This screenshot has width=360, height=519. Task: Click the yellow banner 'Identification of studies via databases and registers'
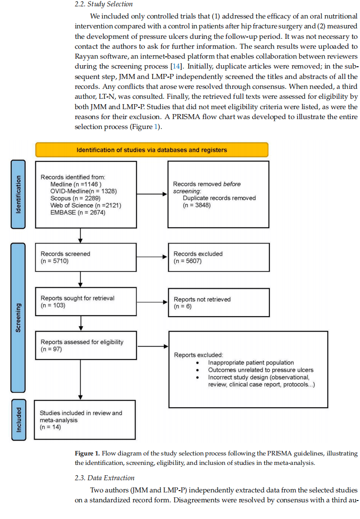[x=151, y=150]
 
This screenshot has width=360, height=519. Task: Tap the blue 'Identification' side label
[x=18, y=194]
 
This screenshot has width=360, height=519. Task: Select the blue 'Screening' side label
[x=18, y=318]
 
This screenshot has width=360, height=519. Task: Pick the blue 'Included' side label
[x=18, y=420]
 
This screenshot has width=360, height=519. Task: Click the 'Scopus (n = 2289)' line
[x=75, y=198]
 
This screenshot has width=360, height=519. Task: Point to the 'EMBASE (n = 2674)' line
[x=78, y=212]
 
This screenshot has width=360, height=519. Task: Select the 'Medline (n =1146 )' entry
[x=76, y=184]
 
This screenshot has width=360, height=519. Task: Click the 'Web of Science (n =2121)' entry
[x=86, y=205]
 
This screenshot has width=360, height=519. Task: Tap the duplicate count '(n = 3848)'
[x=196, y=205]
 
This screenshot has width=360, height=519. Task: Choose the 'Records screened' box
[x=86, y=257]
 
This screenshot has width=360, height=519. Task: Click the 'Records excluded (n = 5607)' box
[x=219, y=257]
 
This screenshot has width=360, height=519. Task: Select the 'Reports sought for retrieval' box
[x=86, y=302]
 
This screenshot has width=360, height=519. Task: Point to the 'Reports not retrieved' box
[x=219, y=303]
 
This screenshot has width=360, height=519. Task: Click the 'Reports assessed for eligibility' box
[x=86, y=345]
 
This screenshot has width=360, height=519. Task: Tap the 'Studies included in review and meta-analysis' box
[x=85, y=420]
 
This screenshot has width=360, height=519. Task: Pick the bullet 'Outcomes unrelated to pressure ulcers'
[x=260, y=370]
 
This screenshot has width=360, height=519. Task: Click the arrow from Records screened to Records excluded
[x=152, y=257]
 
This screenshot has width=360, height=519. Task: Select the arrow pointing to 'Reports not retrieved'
[x=152, y=302]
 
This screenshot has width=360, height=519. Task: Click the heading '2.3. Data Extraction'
[x=105, y=478]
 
